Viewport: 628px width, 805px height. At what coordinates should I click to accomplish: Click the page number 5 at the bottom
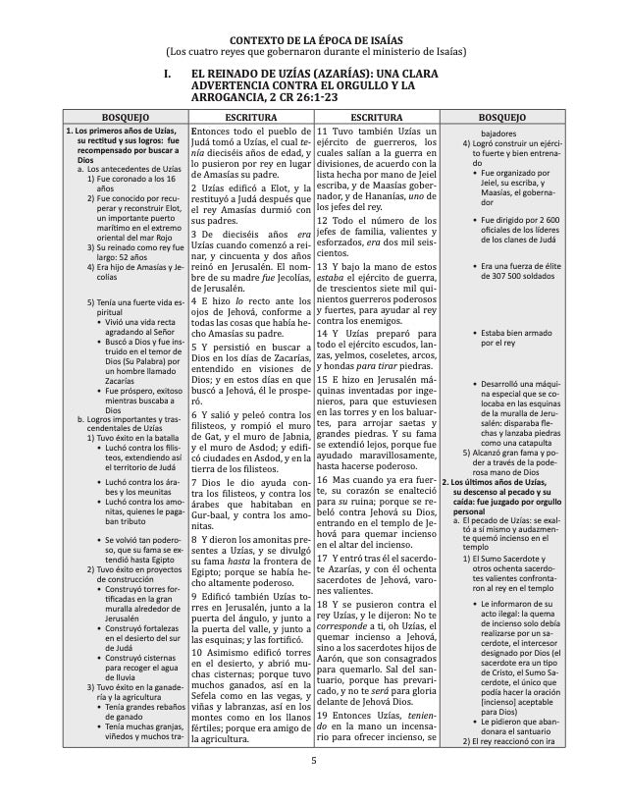314,760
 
